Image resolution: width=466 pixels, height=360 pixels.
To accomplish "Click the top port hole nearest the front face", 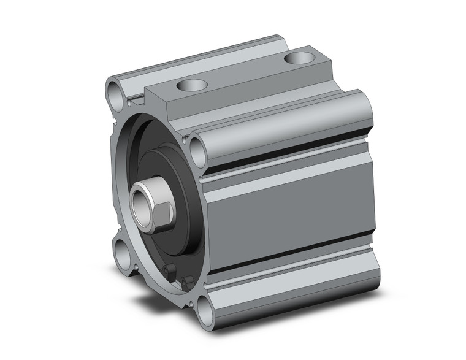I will [x=191, y=85].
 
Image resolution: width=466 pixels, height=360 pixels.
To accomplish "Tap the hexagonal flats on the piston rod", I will [x=162, y=210].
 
